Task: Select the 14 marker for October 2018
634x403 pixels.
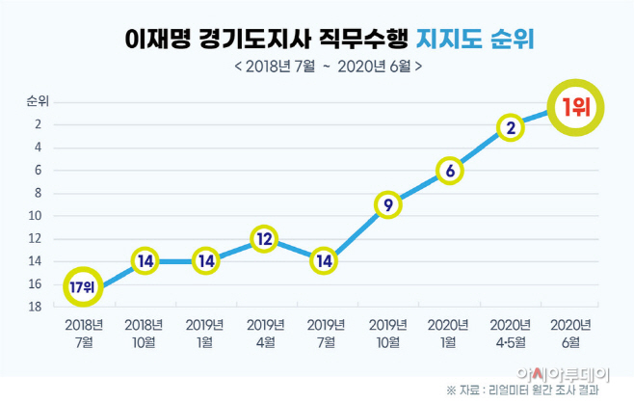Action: pyautogui.click(x=145, y=261)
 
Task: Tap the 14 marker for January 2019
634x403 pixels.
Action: pyautogui.click(x=205, y=261)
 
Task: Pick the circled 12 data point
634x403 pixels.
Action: pyautogui.click(x=265, y=238)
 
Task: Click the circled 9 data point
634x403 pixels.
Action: pyautogui.click(x=387, y=204)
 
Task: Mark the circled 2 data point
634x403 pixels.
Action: pyautogui.click(x=511, y=126)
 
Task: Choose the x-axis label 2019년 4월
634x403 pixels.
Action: pyautogui.click(x=265, y=333)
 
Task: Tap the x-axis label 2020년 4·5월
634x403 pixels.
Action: pyautogui.click(x=511, y=333)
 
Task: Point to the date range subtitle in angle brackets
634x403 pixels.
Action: pyautogui.click(x=327, y=67)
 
